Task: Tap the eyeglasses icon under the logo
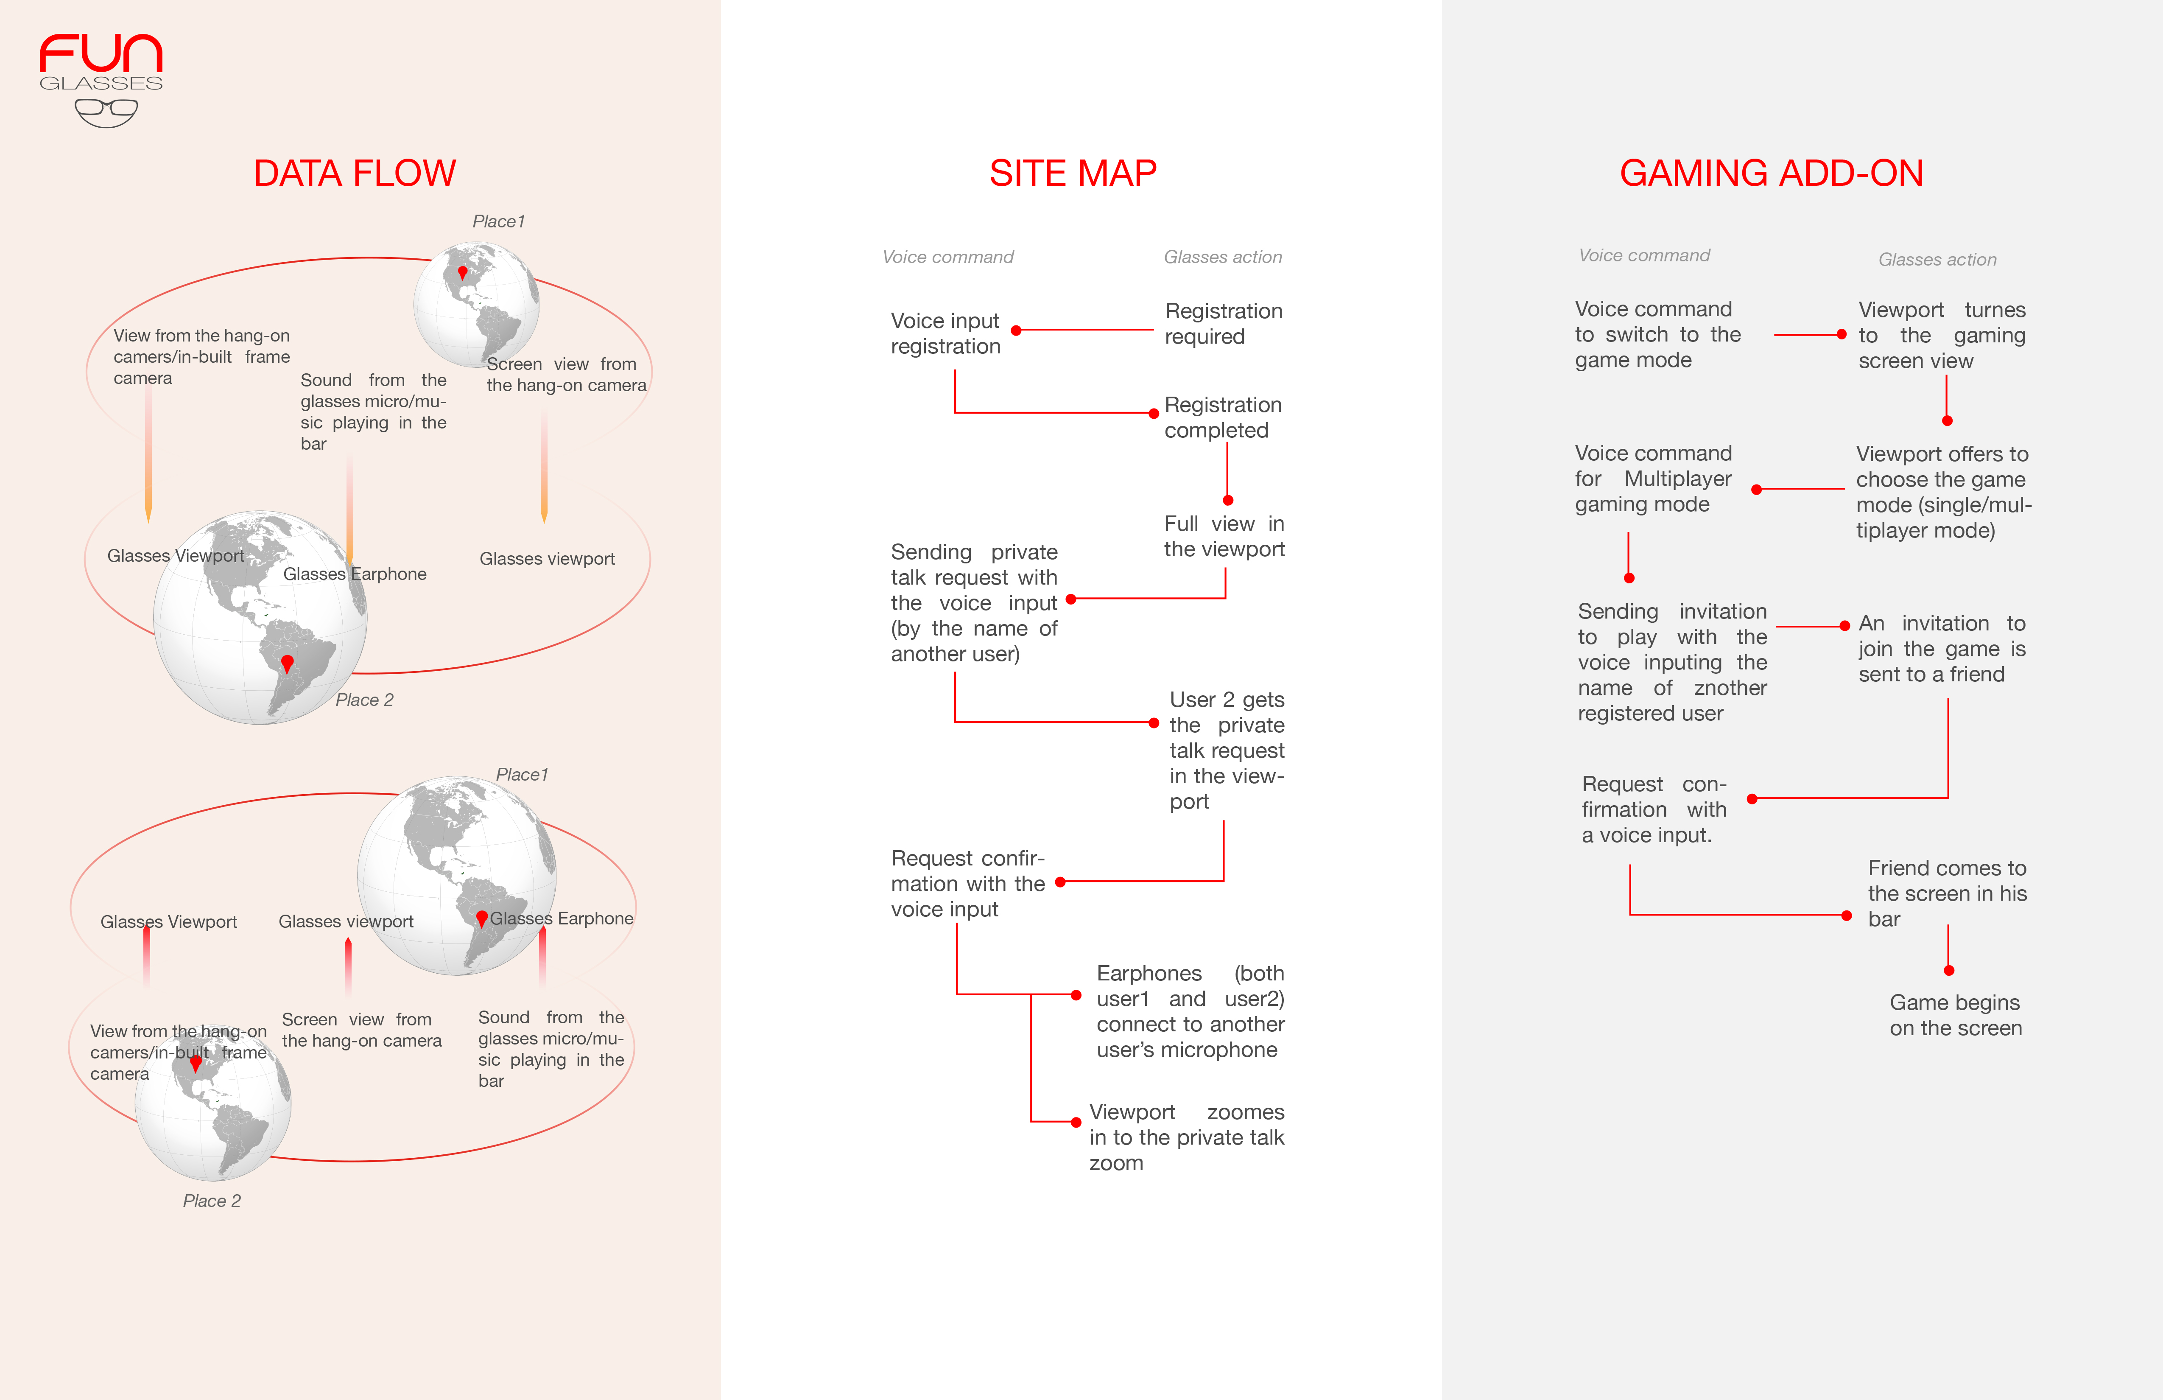click(106, 113)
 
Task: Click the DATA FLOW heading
click(355, 173)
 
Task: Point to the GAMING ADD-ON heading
click(1771, 173)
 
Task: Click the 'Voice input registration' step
click(945, 333)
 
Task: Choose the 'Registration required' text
click(1223, 324)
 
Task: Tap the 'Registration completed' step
click(1223, 417)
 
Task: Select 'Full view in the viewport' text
click(1224, 536)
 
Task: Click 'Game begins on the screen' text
click(1956, 1016)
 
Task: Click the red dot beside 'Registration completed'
click(1154, 414)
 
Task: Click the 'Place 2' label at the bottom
click(212, 1201)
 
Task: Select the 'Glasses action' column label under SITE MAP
click(1223, 257)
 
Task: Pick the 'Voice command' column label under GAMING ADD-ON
click(1644, 255)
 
